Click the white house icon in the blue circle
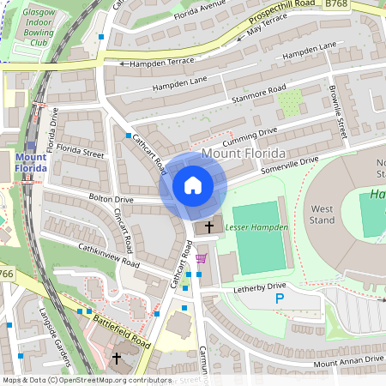[x=193, y=185]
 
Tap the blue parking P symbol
[x=279, y=299]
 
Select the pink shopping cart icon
[x=201, y=258]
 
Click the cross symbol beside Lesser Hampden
[x=208, y=227]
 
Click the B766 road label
[x=7, y=274]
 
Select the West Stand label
[x=323, y=214]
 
